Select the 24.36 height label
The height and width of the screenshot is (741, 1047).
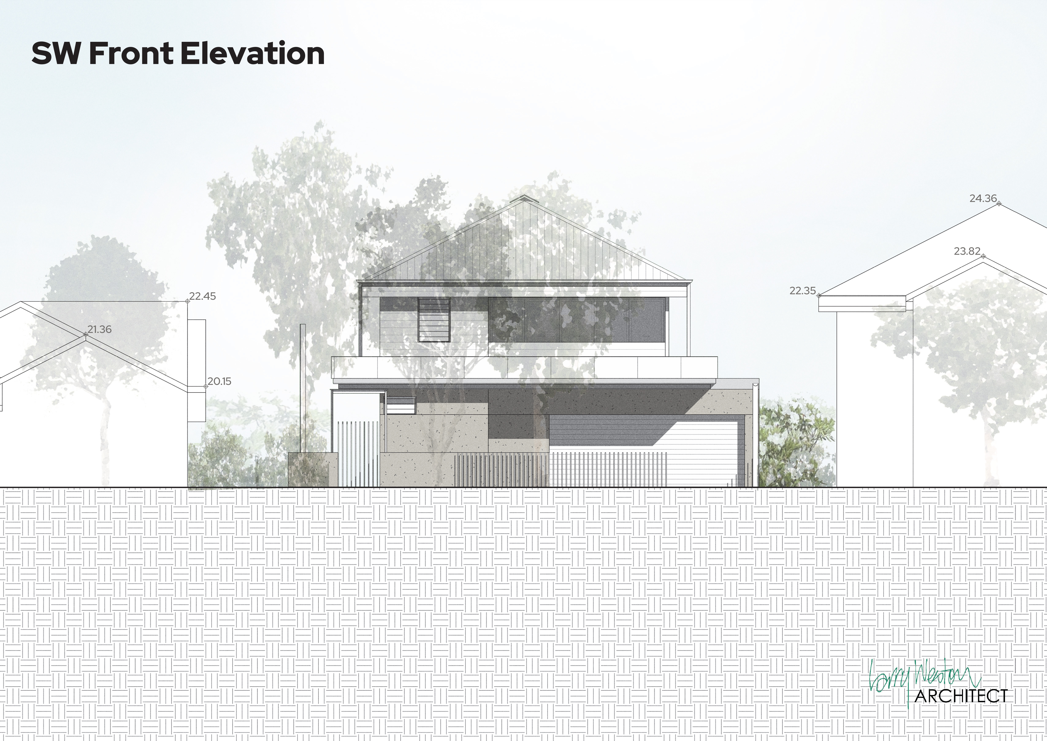[983, 199]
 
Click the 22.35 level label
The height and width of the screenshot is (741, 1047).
[803, 291]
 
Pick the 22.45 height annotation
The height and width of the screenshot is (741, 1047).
[202, 296]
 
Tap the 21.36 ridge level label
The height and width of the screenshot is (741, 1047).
[99, 330]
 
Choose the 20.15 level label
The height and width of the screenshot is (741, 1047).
[219, 381]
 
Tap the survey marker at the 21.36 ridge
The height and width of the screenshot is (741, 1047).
[86, 334]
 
